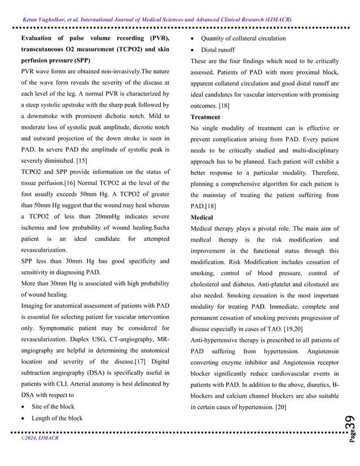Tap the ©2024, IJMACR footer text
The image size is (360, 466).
[x=39, y=437]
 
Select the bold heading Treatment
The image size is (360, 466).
[x=205, y=117]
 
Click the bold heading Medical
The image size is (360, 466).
[x=201, y=217]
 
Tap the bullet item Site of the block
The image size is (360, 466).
[x=53, y=406]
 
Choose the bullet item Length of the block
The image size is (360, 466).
[x=57, y=418]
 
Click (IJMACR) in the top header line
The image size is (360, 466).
[x=276, y=19]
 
